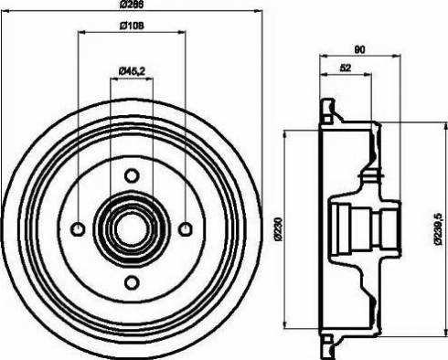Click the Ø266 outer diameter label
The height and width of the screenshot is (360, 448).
pos(133,5)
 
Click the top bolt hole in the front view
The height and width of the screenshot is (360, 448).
pos(132,175)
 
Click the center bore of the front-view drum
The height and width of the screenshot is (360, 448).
pos(132,228)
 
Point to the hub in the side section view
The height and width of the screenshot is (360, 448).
pos(364,228)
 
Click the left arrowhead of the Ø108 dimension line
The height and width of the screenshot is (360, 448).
pos(81,34)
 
